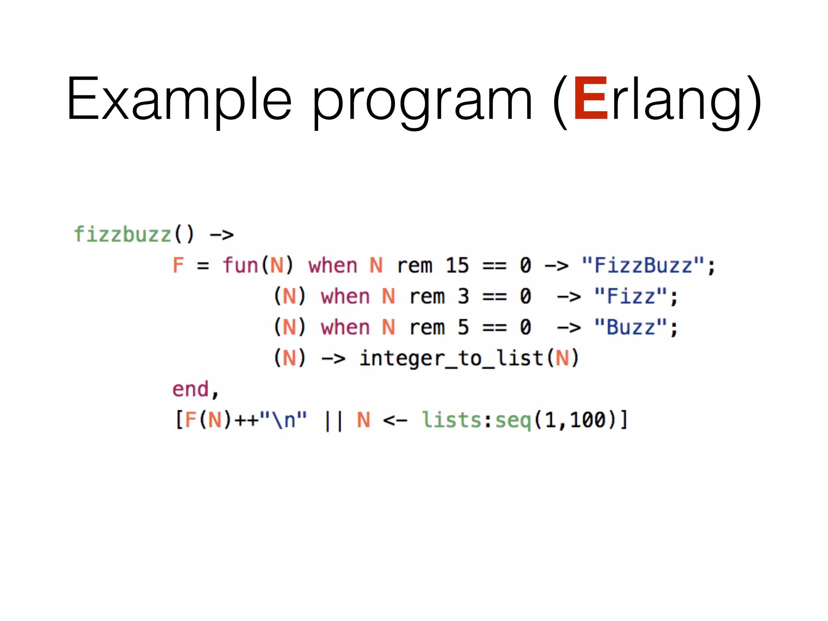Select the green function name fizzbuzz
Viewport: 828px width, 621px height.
[123, 234]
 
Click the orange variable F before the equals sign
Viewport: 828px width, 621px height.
[178, 266]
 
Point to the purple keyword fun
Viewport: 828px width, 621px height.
[240, 266]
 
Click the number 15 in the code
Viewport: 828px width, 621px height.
[457, 266]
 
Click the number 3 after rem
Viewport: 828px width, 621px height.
[463, 296]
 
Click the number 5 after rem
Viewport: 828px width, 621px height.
[463, 327]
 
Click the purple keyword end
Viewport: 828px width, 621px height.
[190, 389]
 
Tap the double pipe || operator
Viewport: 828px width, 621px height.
[334, 420]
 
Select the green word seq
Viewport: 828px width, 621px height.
[513, 420]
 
